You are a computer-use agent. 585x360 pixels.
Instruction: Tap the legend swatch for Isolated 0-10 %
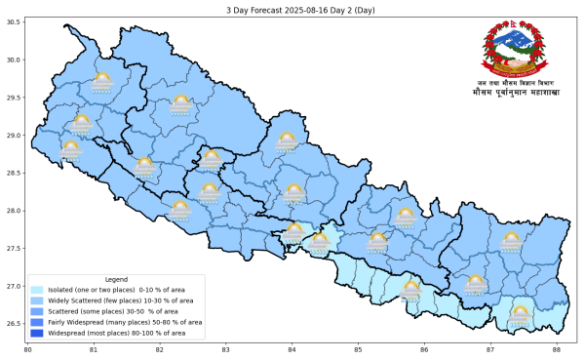pos(38,290)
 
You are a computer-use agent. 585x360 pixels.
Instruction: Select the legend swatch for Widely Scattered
pos(38,300)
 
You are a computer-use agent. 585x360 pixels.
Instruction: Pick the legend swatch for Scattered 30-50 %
pos(38,311)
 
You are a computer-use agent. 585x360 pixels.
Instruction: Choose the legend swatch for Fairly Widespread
pos(38,322)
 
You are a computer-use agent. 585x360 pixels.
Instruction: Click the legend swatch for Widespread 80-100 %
pos(38,333)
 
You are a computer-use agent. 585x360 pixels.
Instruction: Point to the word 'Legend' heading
pos(116,279)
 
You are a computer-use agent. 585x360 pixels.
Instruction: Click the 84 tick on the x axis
pos(292,349)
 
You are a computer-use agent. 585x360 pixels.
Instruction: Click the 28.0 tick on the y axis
pos(15,211)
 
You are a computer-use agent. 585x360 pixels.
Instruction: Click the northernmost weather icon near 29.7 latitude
pos(101,82)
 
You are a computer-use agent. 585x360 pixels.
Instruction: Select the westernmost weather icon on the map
pos(70,149)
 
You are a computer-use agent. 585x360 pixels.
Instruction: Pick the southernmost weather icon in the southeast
pos(520,314)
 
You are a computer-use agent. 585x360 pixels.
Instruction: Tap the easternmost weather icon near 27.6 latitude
pos(511,241)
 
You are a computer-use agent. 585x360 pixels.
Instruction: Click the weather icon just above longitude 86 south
pos(410,291)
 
